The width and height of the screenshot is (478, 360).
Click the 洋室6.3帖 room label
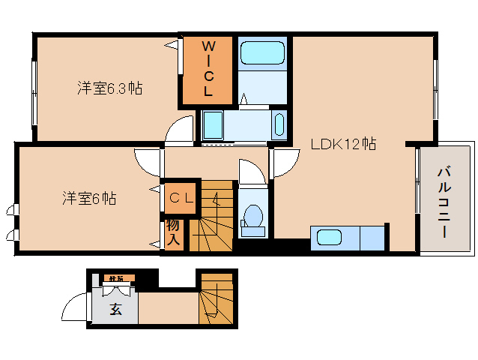coord(109,88)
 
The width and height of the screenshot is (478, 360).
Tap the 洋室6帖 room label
coord(88,199)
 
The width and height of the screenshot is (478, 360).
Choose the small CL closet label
coord(181,198)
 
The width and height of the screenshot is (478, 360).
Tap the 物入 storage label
coord(172,232)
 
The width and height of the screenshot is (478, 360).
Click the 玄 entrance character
coord(116,309)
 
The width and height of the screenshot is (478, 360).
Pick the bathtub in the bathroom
coord(261,53)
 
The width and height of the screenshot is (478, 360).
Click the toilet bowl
coord(253,217)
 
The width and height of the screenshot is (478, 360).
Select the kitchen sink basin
coord(327,238)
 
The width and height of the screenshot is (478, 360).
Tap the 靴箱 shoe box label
coord(117,279)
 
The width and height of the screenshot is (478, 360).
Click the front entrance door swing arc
coord(75,308)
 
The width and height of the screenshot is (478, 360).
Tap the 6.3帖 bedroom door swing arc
coord(180,131)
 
